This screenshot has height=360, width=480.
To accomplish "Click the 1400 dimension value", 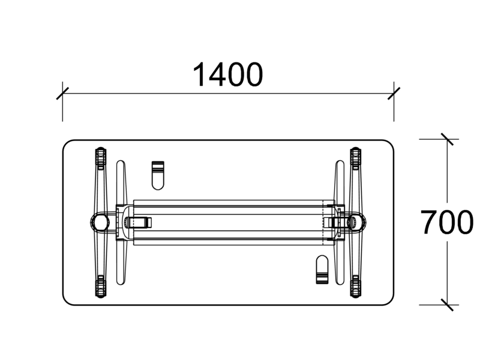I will pyautogui.click(x=227, y=75).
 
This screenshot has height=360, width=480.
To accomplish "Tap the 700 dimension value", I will pyautogui.click(x=446, y=223).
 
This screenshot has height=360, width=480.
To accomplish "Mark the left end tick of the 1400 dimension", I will pyautogui.click(x=62, y=94).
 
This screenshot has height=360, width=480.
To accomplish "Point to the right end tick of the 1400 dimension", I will pyautogui.click(x=394, y=94).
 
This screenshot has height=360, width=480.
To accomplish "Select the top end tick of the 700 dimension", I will pyautogui.click(x=446, y=139).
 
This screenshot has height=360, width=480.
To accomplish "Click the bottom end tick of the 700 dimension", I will pyautogui.click(x=446, y=304).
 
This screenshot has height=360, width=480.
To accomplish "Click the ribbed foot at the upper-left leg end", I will pyautogui.click(x=100, y=158).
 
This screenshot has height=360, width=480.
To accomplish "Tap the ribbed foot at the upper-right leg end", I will pyautogui.click(x=356, y=158).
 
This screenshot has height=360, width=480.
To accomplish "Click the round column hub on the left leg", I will pyautogui.click(x=100, y=222).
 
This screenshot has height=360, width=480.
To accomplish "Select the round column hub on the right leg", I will pyautogui.click(x=357, y=222).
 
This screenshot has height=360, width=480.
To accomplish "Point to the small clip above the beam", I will pyautogui.click(x=158, y=173).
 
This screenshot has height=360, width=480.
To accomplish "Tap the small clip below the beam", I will pyautogui.click(x=322, y=269).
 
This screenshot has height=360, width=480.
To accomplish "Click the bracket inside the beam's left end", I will pyautogui.click(x=137, y=223).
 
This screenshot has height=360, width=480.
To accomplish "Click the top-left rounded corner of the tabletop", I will pyautogui.click(x=67, y=144).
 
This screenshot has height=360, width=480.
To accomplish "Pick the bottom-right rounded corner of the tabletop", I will pyautogui.click(x=390, y=301).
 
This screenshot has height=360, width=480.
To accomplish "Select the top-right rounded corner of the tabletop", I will pyautogui.click(x=390, y=144).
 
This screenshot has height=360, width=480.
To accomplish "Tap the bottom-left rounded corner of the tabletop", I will pyautogui.click(x=67, y=301).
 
